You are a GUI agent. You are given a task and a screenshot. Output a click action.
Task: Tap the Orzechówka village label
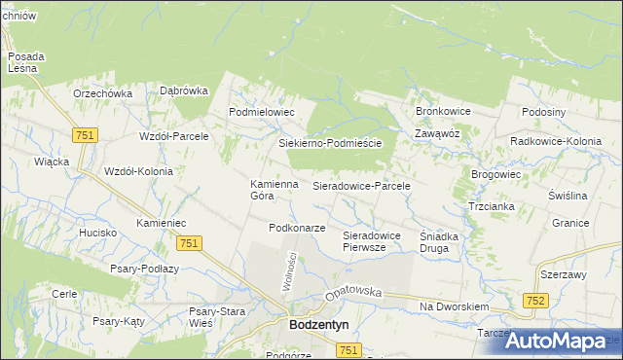(102, 93)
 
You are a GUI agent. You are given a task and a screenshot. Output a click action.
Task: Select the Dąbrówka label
(184, 90)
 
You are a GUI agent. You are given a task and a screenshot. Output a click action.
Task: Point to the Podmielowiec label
(261, 112)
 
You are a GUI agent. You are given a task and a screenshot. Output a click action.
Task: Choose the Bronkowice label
(443, 111)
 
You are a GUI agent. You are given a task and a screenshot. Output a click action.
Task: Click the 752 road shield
(533, 302)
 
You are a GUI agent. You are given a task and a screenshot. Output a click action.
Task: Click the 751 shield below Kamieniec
(190, 243)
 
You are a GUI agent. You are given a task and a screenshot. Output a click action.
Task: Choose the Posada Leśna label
(22, 63)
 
